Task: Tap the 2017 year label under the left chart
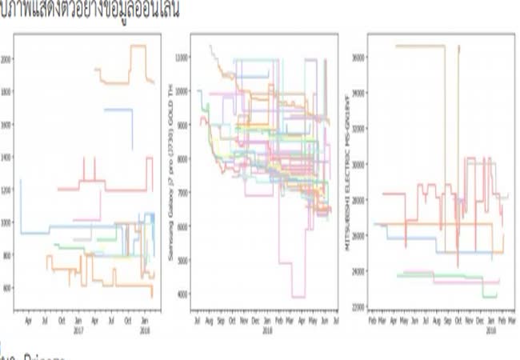click(x=79, y=329)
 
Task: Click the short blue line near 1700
click(x=118, y=110)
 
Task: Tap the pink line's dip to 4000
click(x=298, y=297)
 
